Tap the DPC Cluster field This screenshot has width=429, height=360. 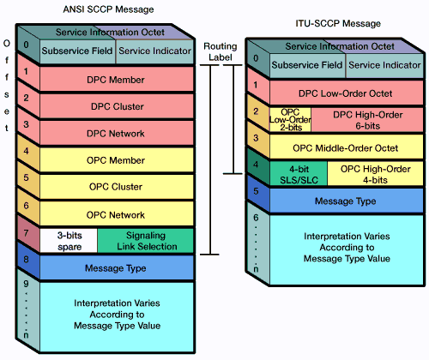(117, 106)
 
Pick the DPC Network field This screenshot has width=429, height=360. (117, 133)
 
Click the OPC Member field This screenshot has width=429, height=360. (117, 159)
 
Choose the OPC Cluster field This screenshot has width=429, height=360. (117, 186)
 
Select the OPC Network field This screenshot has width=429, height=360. (117, 213)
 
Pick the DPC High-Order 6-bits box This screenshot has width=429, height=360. (363, 120)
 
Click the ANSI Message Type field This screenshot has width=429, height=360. (117, 268)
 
